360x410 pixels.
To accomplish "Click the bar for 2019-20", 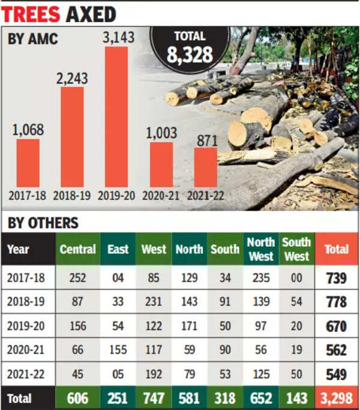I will click(x=116, y=117).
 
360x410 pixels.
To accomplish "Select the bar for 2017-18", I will click(x=28, y=163).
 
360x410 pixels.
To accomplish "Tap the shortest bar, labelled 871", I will click(x=206, y=167).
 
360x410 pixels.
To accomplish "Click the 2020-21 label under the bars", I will click(x=161, y=196).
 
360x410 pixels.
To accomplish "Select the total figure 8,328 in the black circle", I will click(x=190, y=55).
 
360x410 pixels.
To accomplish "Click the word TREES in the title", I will click(x=32, y=13).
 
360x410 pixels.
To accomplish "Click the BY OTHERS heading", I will click(x=43, y=223).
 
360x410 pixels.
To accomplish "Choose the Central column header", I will click(x=77, y=249).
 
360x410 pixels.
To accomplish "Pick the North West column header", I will click(x=261, y=249).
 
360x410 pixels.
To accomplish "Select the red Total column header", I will click(x=336, y=249).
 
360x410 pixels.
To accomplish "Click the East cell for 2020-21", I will click(x=118, y=351).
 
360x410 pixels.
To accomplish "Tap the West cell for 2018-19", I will click(x=154, y=302).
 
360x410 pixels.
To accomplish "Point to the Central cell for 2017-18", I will click(x=77, y=278).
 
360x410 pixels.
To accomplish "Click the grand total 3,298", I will click(x=336, y=399).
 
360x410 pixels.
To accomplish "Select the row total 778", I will click(x=336, y=302).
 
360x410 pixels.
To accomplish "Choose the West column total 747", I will click(x=154, y=399).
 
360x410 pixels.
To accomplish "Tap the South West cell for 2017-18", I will click(x=296, y=278).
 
